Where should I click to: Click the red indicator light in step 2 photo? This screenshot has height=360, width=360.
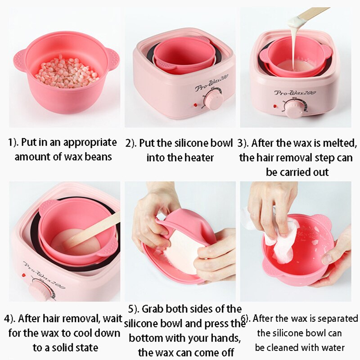coord(195,105)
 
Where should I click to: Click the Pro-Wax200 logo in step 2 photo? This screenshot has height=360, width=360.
coord(212,82)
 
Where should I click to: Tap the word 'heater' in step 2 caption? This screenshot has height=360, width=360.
coord(199,158)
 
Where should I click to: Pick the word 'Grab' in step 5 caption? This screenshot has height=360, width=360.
coord(153,309)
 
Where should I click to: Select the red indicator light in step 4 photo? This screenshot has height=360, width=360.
coord(23,275)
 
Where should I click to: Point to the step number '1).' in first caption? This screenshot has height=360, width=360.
coord(13,143)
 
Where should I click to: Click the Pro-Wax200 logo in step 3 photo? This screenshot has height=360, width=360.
coord(295,93)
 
